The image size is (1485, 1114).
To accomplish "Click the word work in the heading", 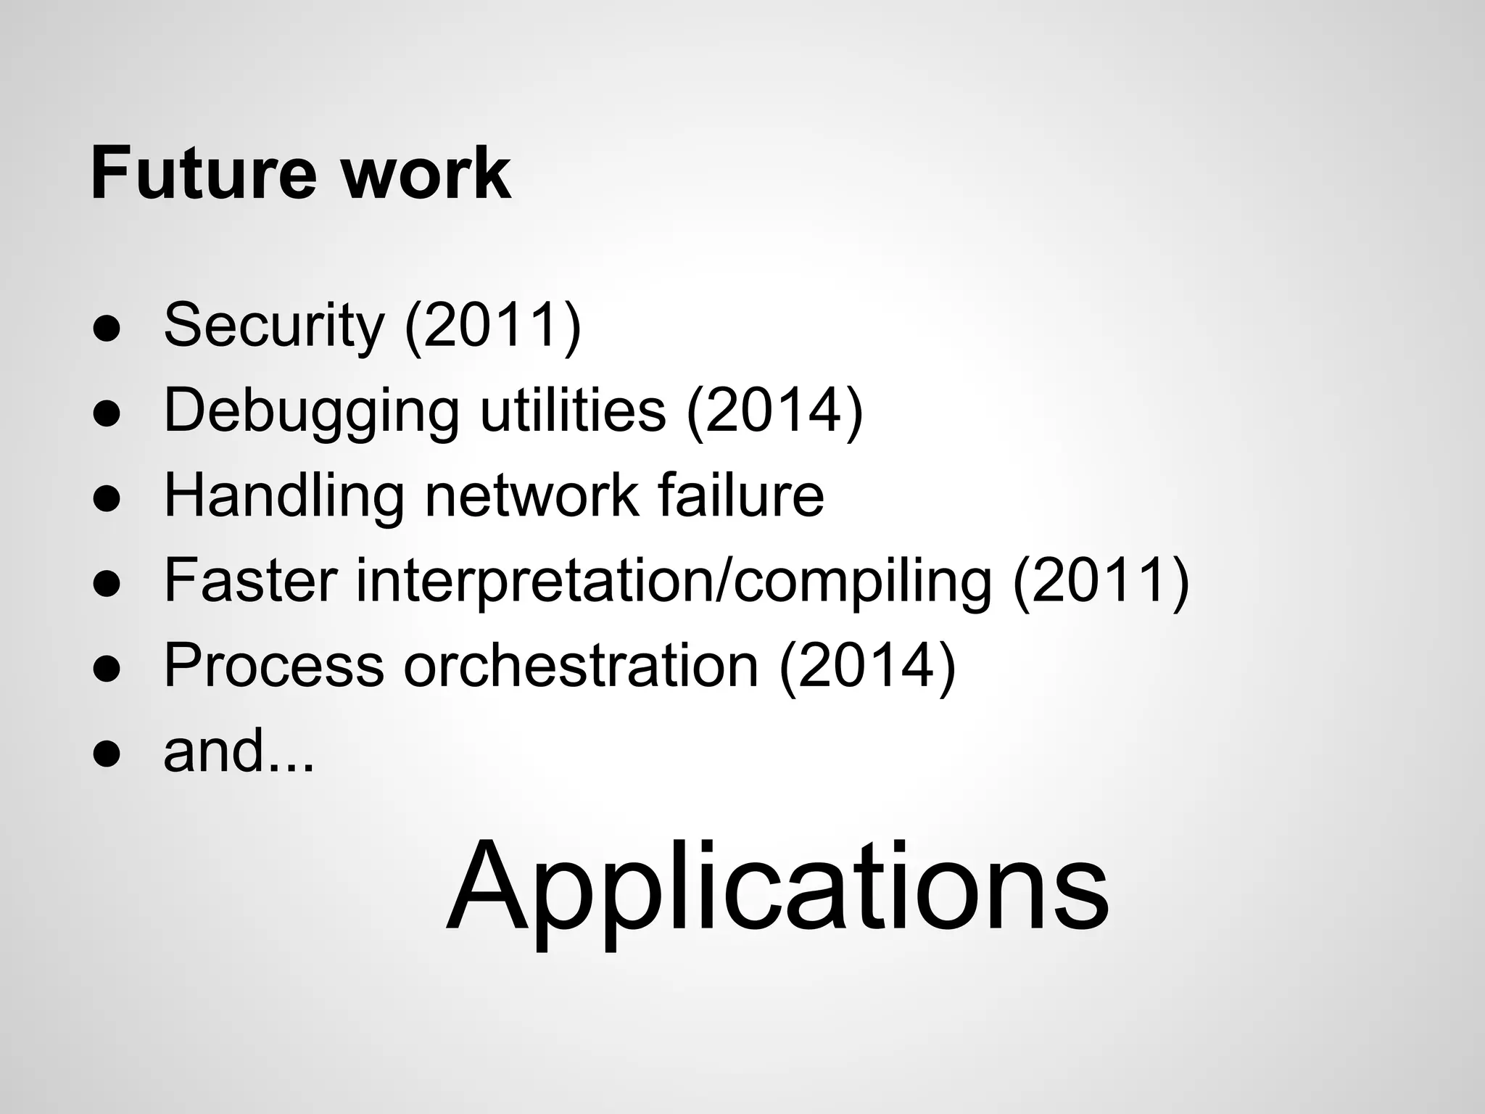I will [x=426, y=173].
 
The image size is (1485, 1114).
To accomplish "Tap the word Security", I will [x=273, y=326].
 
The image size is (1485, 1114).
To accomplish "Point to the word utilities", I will [x=573, y=410].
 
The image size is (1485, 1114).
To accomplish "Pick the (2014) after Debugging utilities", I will [x=774, y=410].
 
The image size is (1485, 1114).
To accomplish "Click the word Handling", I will [x=284, y=496].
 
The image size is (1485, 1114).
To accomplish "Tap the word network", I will [x=532, y=496].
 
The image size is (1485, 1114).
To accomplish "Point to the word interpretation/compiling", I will [x=674, y=582].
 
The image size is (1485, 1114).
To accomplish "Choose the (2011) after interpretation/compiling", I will [x=1101, y=582].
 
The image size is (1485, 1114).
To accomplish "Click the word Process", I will [x=273, y=666].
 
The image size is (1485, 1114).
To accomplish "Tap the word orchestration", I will [x=581, y=666].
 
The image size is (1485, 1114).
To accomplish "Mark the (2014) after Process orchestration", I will [x=867, y=666].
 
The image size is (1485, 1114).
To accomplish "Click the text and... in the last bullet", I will [x=239, y=751].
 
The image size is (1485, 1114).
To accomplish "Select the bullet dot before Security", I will [x=106, y=329].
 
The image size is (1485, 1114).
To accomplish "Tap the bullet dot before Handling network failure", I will [x=106, y=499].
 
